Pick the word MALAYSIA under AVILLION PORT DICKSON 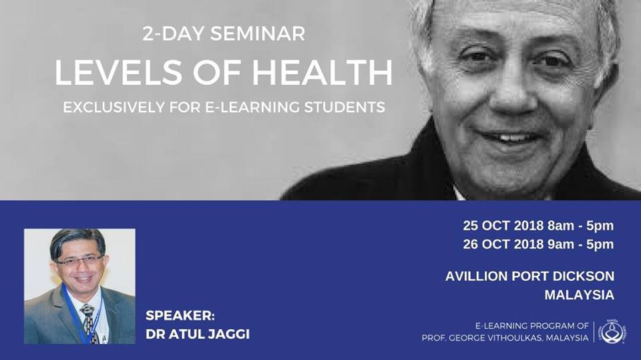[x=579, y=295]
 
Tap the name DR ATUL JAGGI [x=198, y=334]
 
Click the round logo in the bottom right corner [x=612, y=331]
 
